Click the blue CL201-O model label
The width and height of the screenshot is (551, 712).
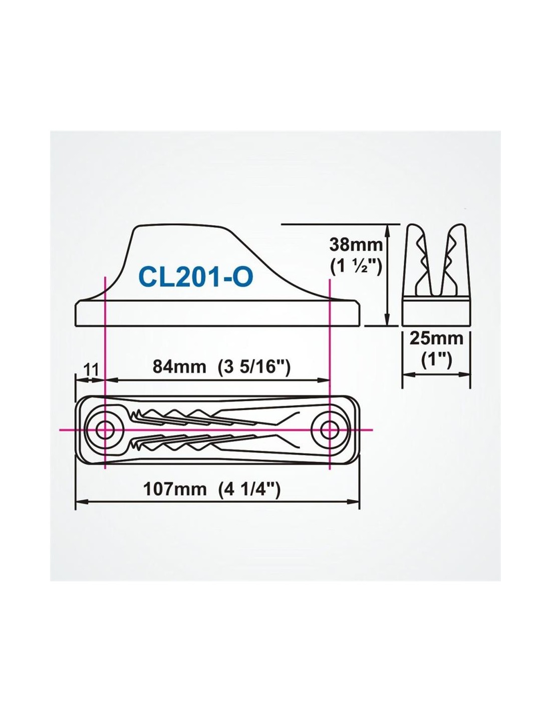(x=196, y=277)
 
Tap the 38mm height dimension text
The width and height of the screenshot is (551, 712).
(x=356, y=245)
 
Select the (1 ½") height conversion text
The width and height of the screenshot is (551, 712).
(x=355, y=267)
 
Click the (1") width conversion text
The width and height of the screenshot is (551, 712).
(x=436, y=361)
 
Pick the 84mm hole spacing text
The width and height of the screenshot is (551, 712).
(x=180, y=367)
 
